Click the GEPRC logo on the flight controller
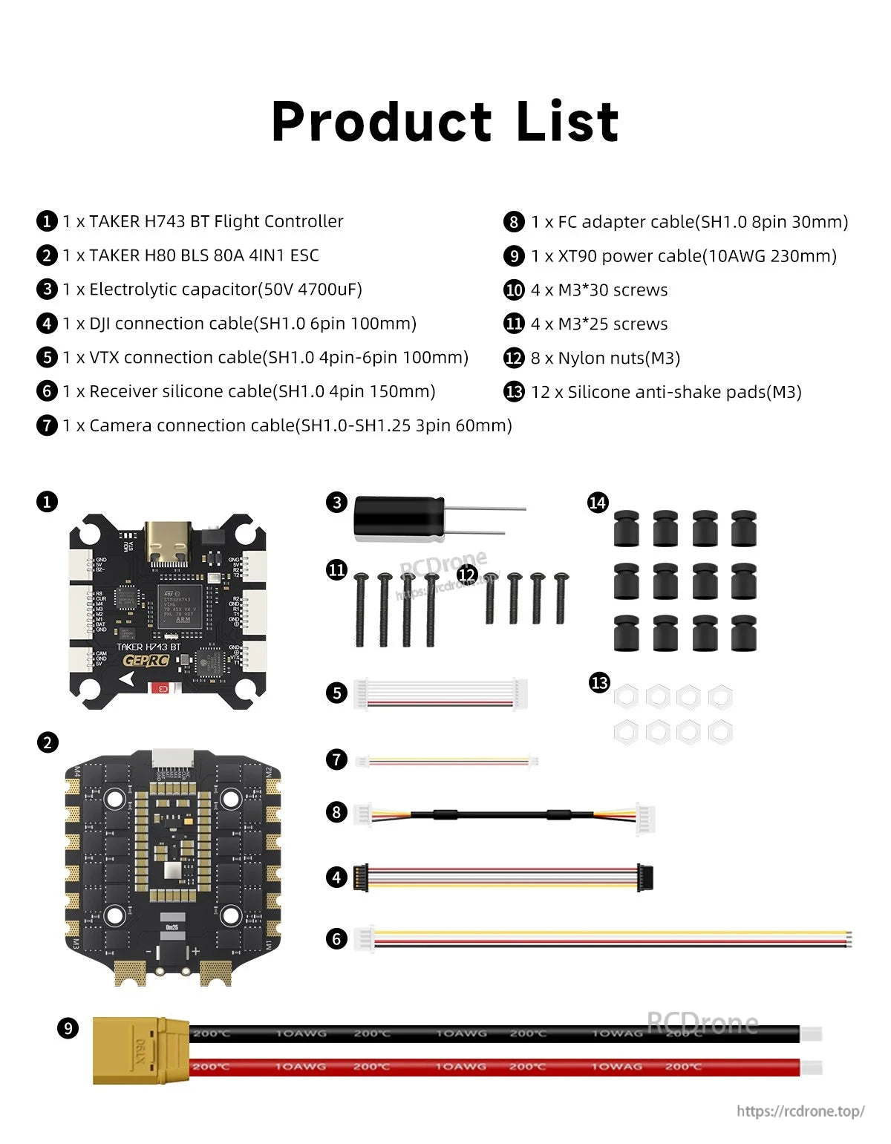point(146,660)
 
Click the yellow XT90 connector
point(140,1050)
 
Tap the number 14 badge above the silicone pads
point(598,503)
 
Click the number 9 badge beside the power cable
point(68,1028)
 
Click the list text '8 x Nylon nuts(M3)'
point(605,359)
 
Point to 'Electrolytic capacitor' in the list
point(173,290)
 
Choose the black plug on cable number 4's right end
point(645,877)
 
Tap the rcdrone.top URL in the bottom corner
point(800,1111)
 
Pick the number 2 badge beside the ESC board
point(48,742)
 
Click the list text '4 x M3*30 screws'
point(599,290)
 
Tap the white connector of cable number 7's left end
point(362,761)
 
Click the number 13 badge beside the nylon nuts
point(599,682)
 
